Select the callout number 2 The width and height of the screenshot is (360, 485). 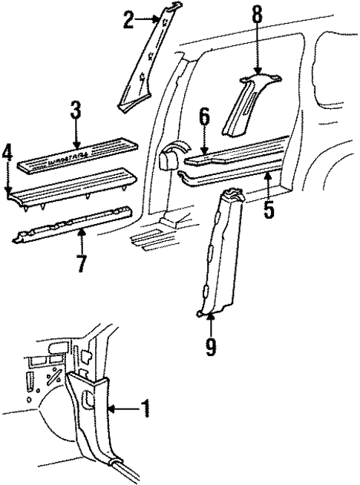(128, 20)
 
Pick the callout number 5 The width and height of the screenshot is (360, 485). (269, 208)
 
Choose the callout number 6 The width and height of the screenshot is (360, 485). (205, 118)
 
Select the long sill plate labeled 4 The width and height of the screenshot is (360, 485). (71, 185)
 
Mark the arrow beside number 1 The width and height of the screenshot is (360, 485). (122, 407)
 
